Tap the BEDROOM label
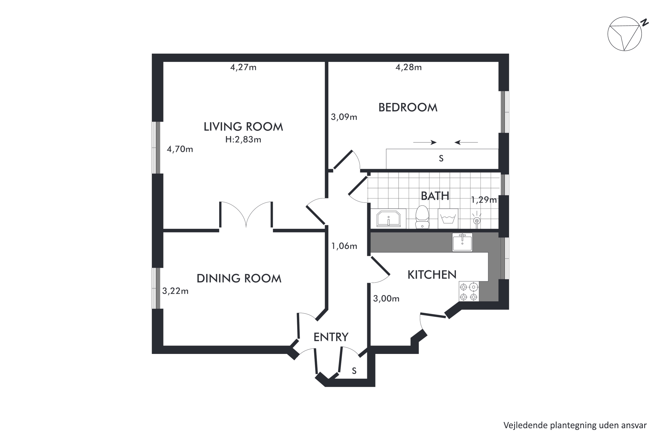coord(408,107)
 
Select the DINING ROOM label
coord(239,278)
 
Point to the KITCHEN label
coord(432,275)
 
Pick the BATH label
coord(435,196)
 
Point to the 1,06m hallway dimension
coord(344,246)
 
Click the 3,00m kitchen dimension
coord(386,298)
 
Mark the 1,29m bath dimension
coord(484,200)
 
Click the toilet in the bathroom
coord(422,217)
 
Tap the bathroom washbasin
coord(388,219)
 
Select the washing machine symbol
coord(448,219)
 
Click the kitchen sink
coord(462,242)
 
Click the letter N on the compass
coord(644,22)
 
